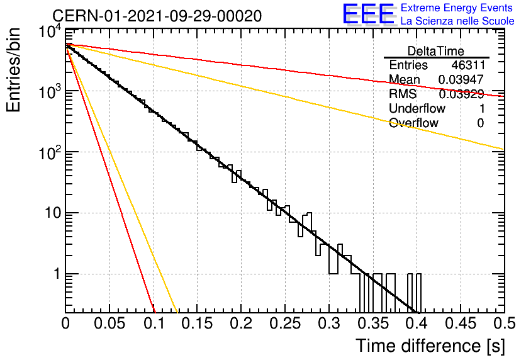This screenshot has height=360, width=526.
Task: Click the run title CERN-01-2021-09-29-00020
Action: pos(157,16)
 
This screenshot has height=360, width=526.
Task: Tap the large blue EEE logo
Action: pos(369,14)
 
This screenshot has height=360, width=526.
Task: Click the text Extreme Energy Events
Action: pos(457,8)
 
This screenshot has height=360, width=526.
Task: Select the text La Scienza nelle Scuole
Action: pos(457,21)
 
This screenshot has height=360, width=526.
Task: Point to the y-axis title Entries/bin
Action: pos(14,70)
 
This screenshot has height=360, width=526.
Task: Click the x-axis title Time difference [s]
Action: pos(430,346)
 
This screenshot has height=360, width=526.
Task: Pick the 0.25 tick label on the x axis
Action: pos(285,323)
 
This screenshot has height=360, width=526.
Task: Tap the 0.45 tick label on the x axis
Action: pos(461,323)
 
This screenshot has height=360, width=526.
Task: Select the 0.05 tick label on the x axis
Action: pos(109,323)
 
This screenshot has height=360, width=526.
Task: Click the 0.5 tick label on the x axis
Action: pos(504,323)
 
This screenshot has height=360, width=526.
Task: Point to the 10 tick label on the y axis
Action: pos(53,213)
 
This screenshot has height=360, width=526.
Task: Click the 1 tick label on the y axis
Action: pos(57,274)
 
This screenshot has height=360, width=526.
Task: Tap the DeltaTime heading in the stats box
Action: pos(436,51)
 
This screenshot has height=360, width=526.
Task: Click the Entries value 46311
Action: pos(468,65)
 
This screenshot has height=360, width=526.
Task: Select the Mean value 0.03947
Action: pos(461,79)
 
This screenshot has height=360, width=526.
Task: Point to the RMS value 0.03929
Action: pos(461,94)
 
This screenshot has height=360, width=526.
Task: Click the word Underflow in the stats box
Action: pos(417,108)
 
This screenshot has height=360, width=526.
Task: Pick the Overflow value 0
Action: pos(480,123)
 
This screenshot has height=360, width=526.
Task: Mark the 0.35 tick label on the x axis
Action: pos(372,323)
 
